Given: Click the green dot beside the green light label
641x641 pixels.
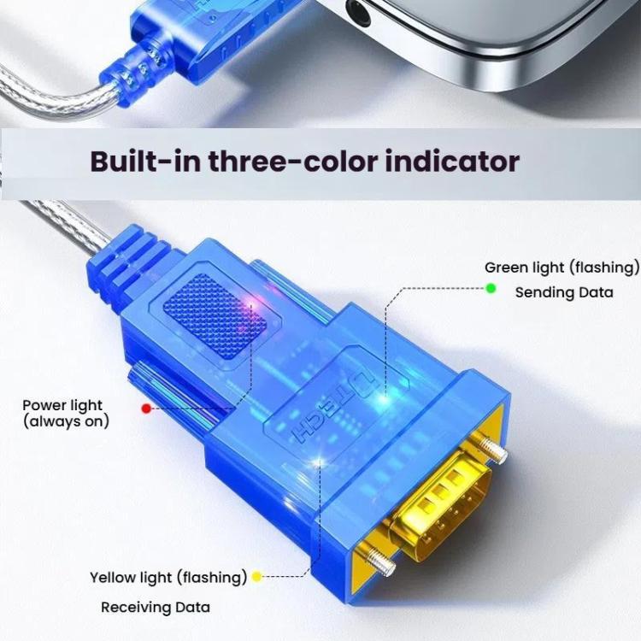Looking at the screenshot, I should pos(491,288).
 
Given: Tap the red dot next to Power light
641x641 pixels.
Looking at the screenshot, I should pos(146,409).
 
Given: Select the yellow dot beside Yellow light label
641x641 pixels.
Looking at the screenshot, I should pos(256,577).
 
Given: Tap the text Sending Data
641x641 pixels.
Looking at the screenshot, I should pos(563,292).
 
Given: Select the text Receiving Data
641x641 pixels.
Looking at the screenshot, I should pos(155,608).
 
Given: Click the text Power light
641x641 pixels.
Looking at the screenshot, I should pos(62,405).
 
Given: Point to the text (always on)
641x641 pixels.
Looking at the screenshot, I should pos(67,421).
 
